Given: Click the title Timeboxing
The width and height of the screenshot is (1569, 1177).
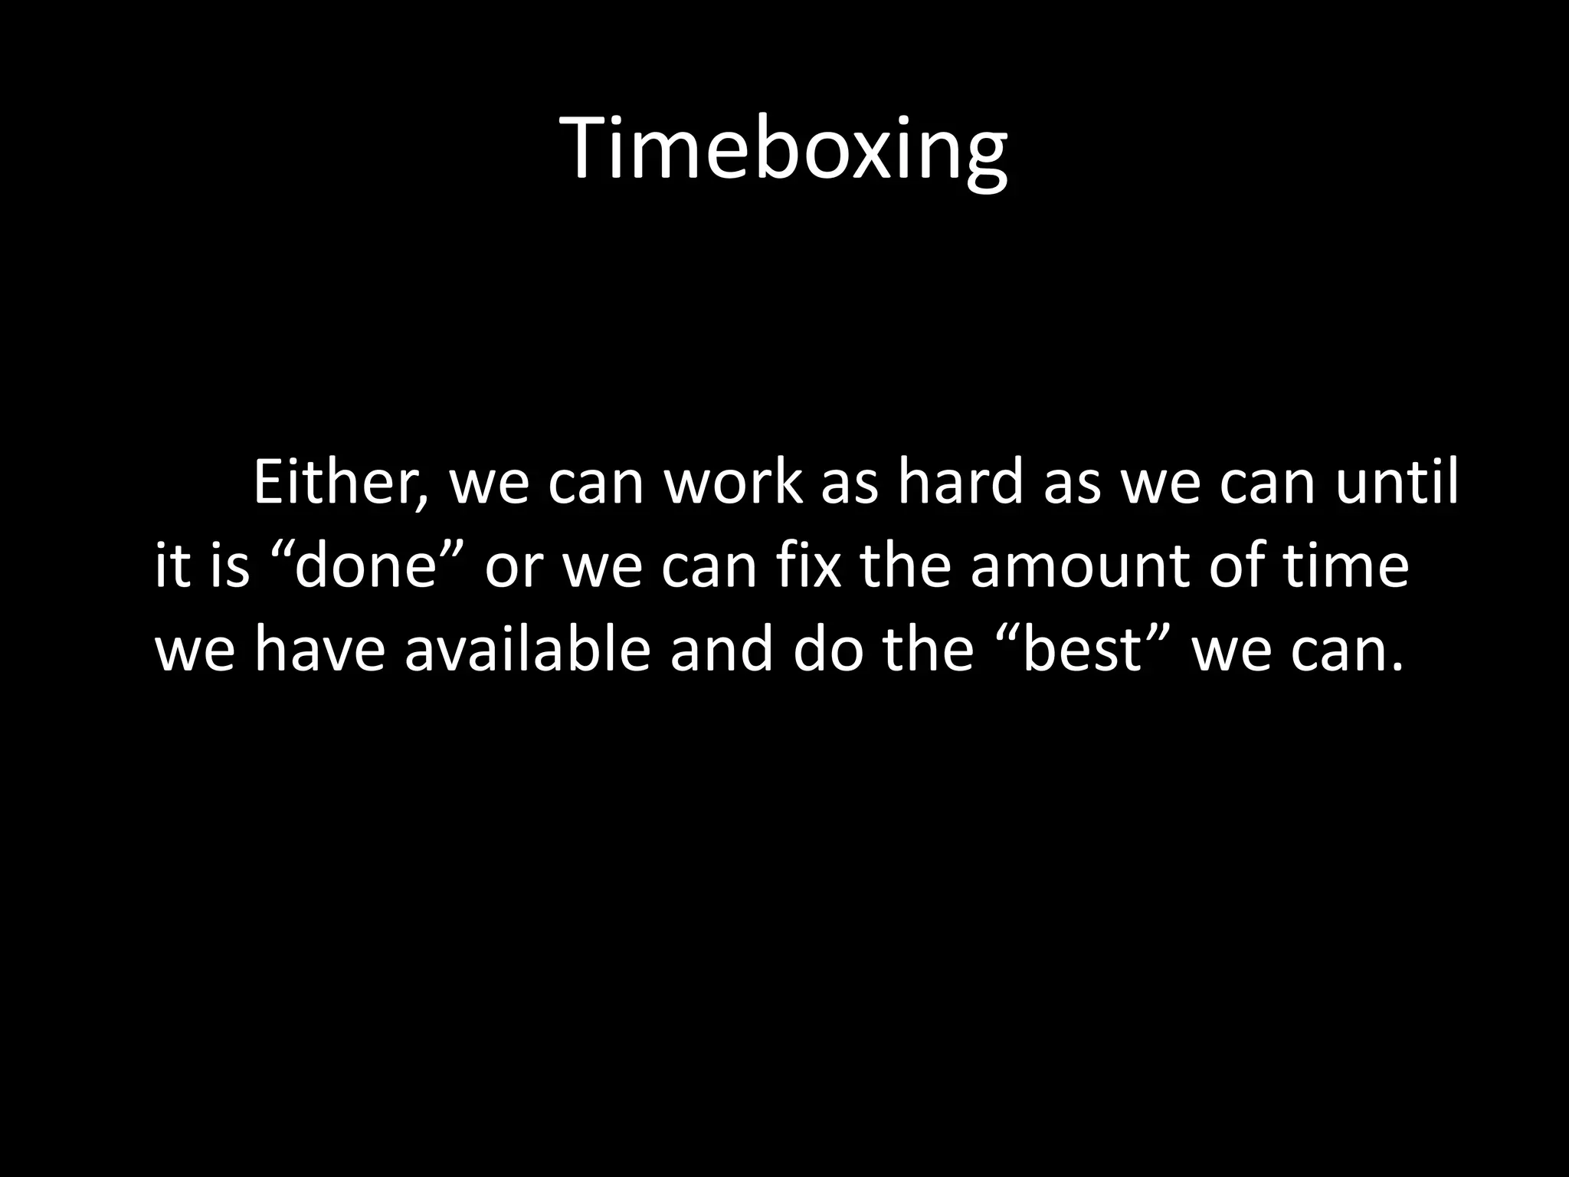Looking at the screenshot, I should coord(784,149).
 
